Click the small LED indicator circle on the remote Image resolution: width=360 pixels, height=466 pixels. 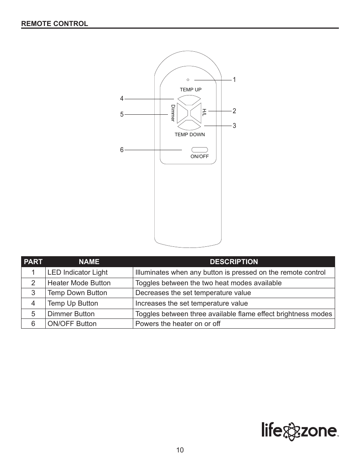[188, 80]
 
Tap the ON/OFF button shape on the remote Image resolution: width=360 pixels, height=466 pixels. [199, 149]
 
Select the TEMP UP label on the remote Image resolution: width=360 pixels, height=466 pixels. [191, 90]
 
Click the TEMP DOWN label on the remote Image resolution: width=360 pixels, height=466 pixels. [190, 135]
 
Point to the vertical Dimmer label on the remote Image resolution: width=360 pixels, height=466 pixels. [173, 113]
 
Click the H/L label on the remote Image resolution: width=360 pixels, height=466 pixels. [204, 112]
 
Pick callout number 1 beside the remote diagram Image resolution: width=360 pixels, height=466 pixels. [234, 80]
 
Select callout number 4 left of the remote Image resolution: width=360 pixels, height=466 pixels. [122, 98]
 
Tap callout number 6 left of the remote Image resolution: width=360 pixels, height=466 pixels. [122, 150]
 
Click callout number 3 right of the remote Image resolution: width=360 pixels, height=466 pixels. [234, 126]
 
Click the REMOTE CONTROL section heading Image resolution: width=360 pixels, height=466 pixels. [54, 23]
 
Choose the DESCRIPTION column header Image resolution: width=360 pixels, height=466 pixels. [234, 262]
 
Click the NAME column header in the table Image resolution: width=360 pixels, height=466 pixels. [89, 262]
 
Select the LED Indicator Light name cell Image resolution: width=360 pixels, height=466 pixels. [77, 272]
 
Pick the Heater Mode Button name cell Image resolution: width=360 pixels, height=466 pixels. [79, 283]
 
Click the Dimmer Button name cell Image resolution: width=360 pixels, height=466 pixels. [71, 314]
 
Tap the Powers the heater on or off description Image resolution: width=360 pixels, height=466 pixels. [178, 324]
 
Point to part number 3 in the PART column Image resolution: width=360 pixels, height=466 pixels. [33, 293]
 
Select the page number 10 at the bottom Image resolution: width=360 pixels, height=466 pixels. [180, 450]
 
